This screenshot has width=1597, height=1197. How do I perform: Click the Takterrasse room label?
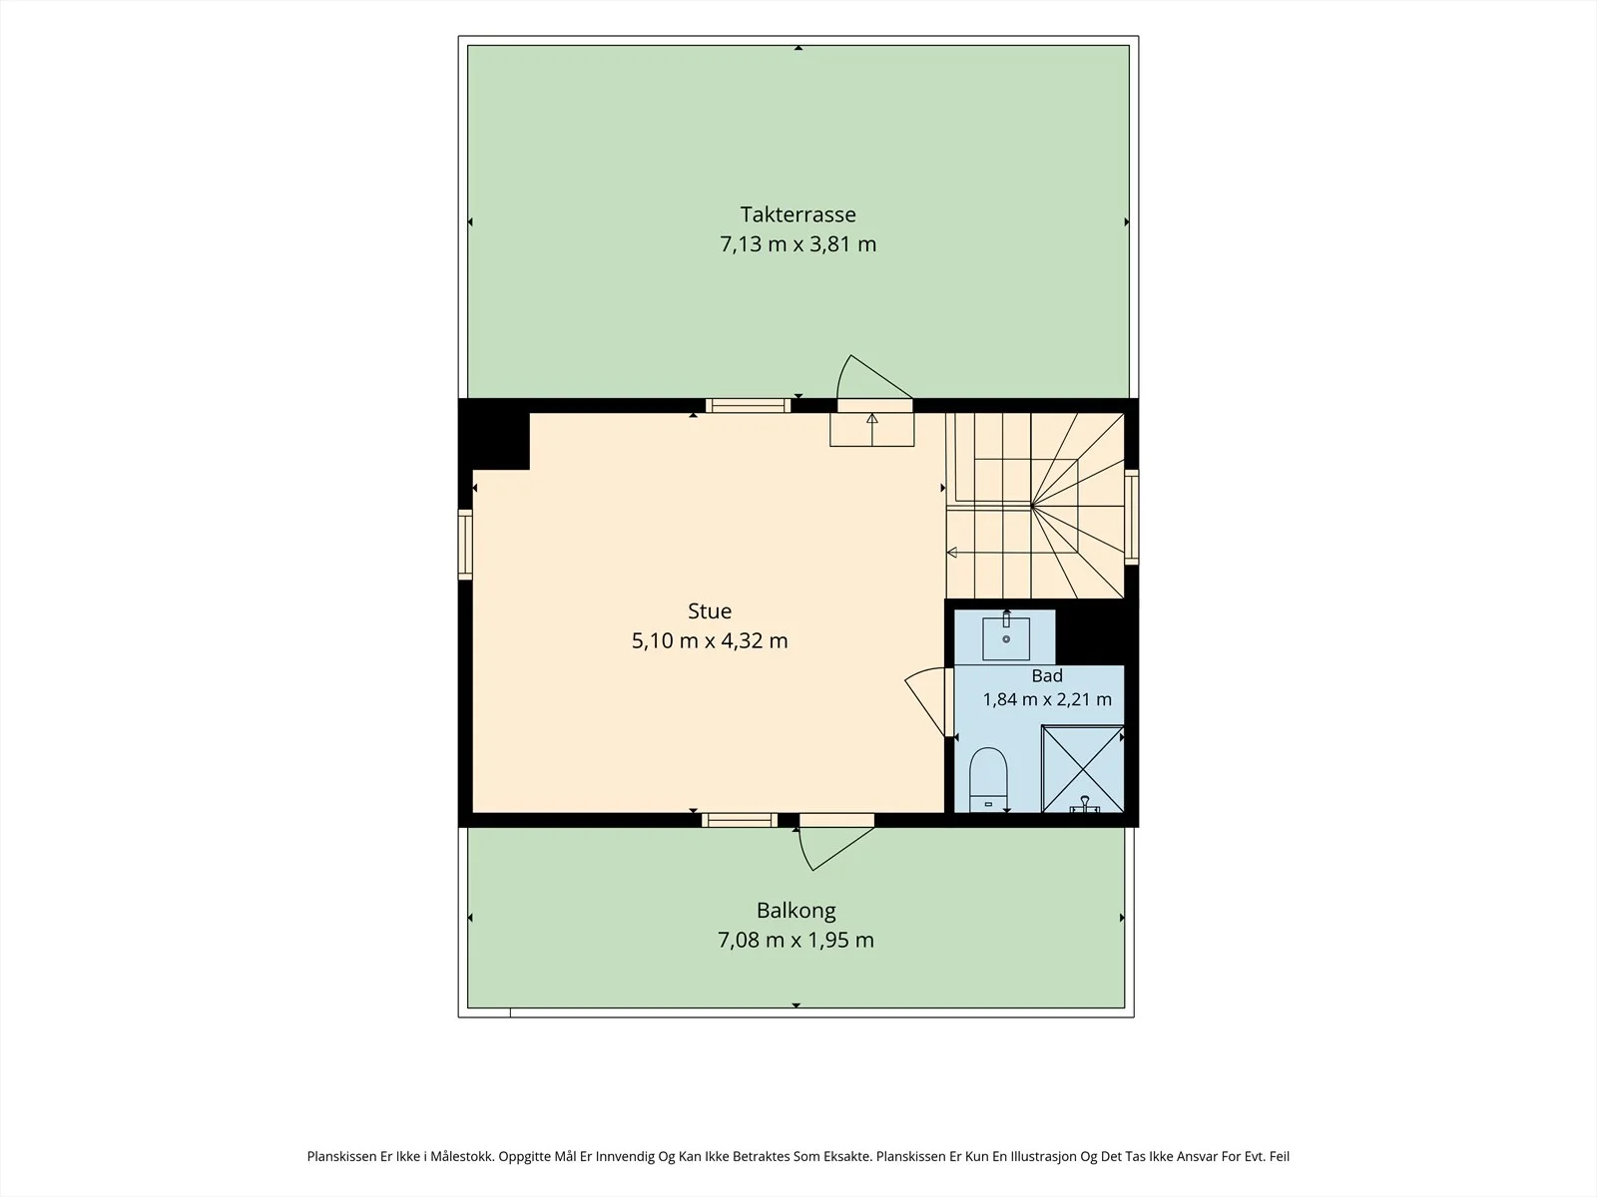point(798,214)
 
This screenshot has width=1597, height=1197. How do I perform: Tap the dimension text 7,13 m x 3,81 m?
point(798,244)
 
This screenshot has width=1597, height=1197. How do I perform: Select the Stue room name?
point(710,611)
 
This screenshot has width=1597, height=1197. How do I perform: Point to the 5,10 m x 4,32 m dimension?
point(710,641)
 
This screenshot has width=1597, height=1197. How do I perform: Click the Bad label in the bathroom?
point(1047,676)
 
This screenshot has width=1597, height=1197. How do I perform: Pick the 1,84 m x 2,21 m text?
point(1047,700)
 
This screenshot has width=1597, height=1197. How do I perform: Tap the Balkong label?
point(796,911)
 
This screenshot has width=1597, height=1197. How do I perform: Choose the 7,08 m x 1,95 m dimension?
point(796,941)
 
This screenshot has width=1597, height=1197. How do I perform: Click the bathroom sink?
point(1006,637)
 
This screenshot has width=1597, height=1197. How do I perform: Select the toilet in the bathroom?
point(988,780)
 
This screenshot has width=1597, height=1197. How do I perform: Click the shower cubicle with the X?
point(1083,769)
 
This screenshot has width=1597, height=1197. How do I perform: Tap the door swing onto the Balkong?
point(835,848)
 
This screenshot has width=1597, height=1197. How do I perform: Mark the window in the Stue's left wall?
point(465,545)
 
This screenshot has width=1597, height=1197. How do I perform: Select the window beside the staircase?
point(1131,517)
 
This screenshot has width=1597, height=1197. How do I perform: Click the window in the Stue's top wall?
point(748,406)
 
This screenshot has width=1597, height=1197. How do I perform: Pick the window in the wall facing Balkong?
point(740,820)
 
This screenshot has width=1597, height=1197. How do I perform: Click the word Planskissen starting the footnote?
point(342,1156)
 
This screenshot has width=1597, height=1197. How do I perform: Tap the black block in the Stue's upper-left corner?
point(494,434)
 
